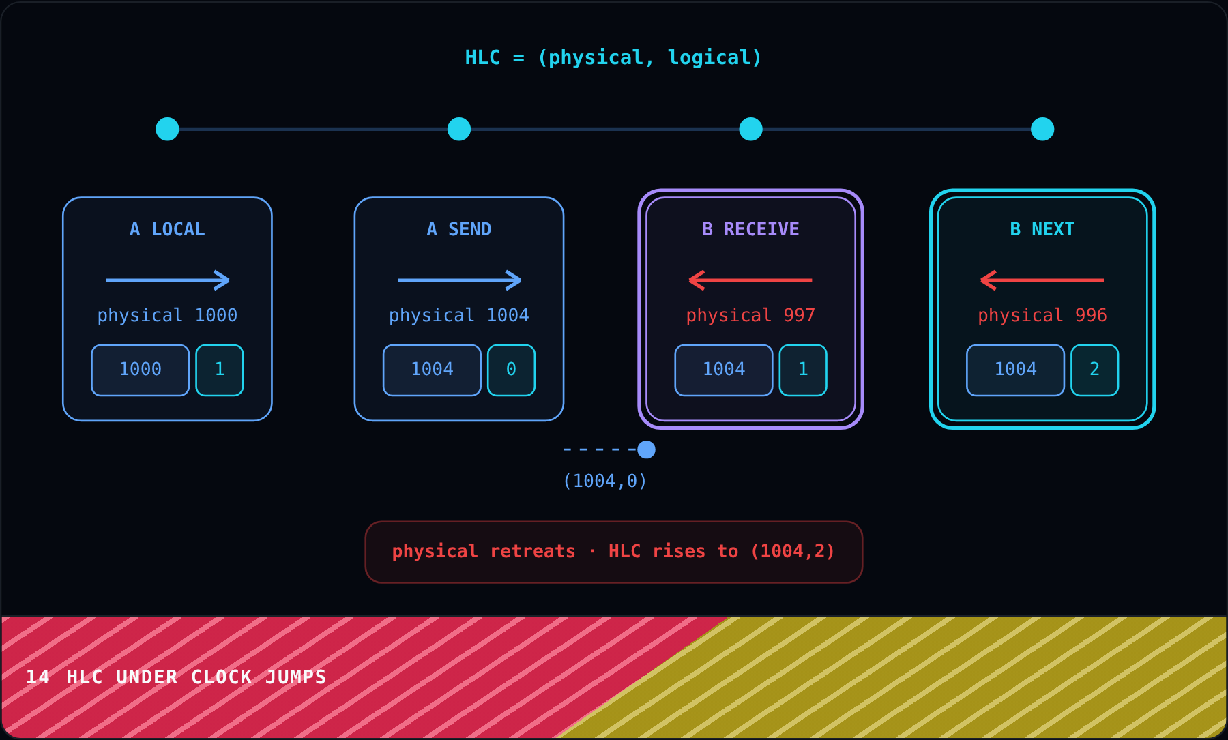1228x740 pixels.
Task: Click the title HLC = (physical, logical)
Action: pos(613,58)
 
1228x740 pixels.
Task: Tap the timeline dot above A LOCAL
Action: pos(167,129)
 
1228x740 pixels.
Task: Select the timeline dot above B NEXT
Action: pos(1042,129)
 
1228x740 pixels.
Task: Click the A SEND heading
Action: pos(459,229)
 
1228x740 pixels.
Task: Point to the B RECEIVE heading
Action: pos(750,229)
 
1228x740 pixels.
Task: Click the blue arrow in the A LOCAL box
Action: pos(168,280)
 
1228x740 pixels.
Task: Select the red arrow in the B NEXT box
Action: pos(1042,280)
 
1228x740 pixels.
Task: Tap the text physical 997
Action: pos(750,315)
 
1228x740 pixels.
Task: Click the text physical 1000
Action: pos(167,315)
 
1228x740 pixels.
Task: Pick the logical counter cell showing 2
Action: pos(1094,370)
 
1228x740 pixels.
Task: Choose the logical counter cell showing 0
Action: pos(511,370)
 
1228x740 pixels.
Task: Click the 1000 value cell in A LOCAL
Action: pos(141,370)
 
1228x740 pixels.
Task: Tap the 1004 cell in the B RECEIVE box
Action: pos(724,370)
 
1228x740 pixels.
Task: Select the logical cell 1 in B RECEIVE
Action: pos(803,370)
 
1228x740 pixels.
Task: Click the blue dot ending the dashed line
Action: pos(646,449)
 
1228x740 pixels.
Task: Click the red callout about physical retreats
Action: pos(614,552)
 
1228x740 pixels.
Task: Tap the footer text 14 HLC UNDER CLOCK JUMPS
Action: pos(176,677)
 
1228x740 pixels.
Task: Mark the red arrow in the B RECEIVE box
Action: pos(750,280)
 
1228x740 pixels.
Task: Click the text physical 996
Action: pos(1042,315)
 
